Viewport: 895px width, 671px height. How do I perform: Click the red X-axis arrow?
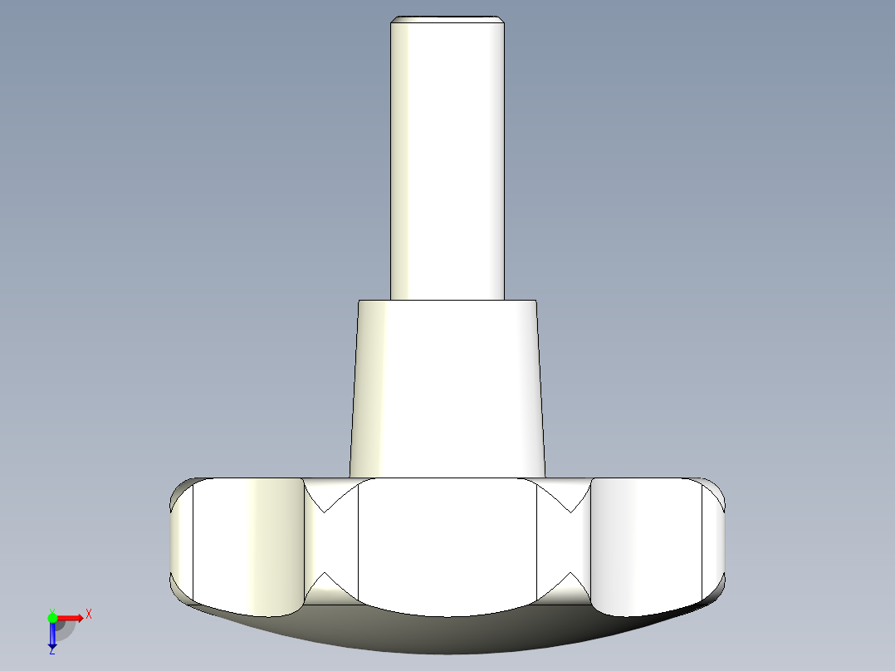tap(71, 618)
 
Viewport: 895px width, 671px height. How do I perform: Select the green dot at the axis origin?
tap(52, 617)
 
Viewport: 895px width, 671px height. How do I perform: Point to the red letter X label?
tap(88, 614)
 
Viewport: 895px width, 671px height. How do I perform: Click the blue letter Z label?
tap(51, 652)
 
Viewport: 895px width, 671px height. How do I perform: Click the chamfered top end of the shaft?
tap(447, 20)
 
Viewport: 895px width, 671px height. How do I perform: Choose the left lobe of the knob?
tap(245, 544)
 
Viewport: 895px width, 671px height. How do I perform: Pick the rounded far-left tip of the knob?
tap(181, 540)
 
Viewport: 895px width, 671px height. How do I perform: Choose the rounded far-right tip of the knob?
tap(715, 540)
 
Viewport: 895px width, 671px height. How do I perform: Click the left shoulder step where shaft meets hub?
tap(374, 301)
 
